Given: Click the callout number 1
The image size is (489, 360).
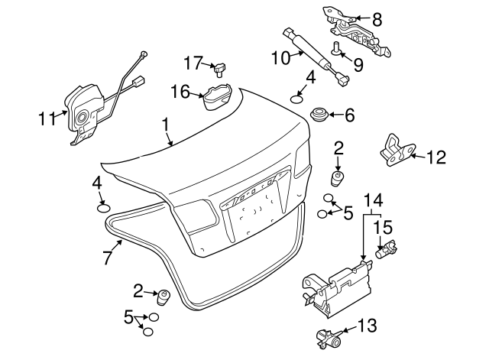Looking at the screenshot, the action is coord(166,125).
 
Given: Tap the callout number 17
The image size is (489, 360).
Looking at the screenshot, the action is coord(193,63).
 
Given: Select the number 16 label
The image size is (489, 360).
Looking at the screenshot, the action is coord(180,92).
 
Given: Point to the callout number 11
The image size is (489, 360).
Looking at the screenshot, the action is coord(47,119).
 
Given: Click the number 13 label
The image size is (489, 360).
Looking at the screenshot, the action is coord(368,326).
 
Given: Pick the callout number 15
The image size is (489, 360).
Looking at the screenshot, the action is coord(384,228).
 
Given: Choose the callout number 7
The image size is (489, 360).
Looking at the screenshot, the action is coord(107,258).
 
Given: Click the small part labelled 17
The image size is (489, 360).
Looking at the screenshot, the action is coord(220,70).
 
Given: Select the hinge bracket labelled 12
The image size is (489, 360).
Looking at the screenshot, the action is coord(397,151).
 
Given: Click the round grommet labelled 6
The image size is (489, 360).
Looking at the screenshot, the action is coord(319,115).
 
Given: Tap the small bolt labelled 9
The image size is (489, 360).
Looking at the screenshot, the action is coord(336,49).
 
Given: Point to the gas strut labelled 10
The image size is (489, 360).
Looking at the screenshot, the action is coord(316,57).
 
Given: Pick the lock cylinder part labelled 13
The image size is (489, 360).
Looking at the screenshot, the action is coord(329,338).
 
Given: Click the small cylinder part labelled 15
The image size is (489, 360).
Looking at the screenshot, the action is coord(387,249).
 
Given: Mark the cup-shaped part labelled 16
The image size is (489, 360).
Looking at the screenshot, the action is coord(217,97).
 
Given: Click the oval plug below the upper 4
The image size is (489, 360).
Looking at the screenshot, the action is coord(297,99).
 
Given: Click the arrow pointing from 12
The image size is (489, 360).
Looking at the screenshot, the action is coord(417,156).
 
